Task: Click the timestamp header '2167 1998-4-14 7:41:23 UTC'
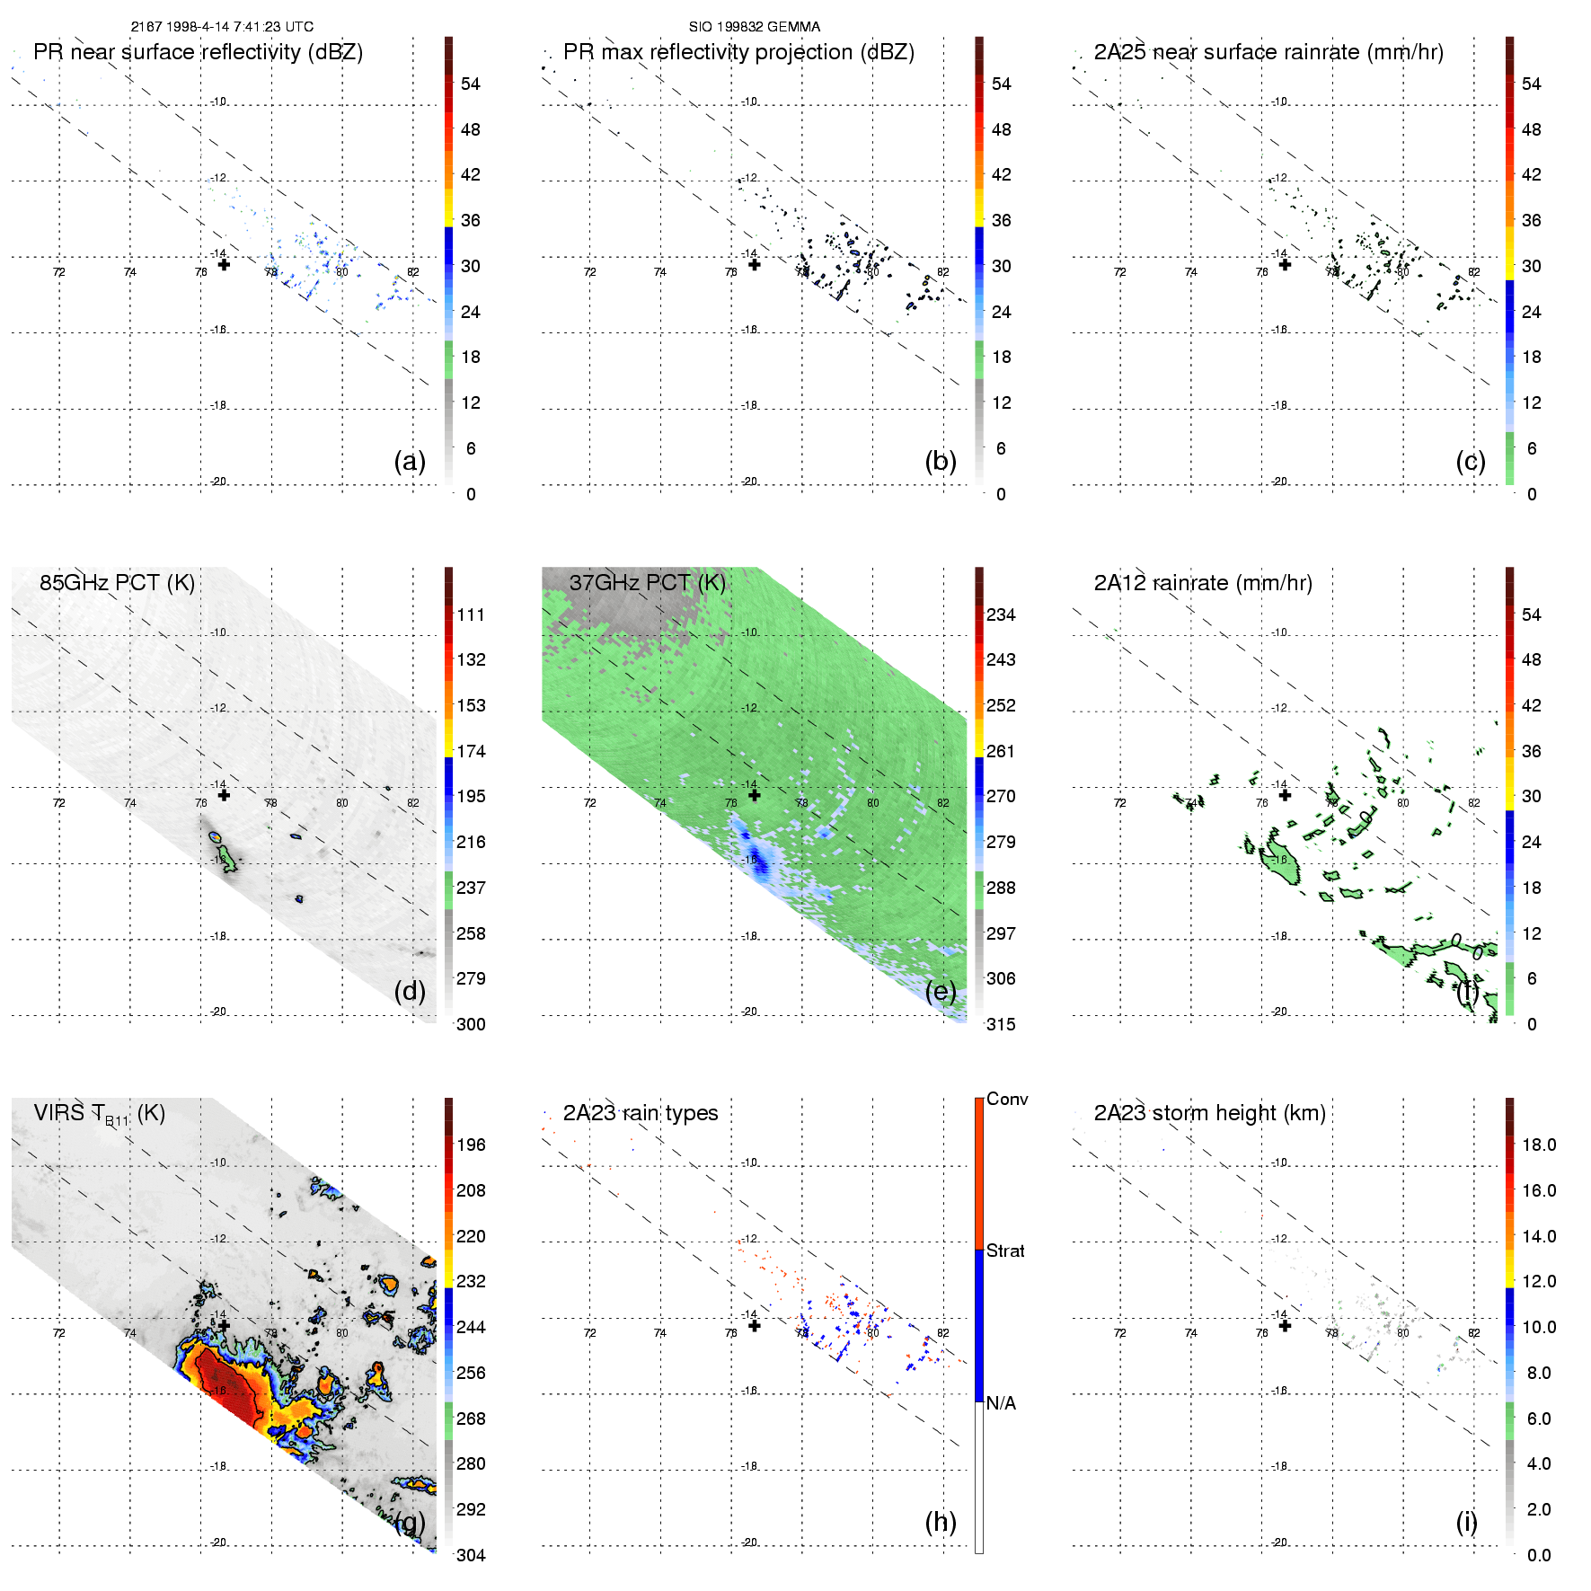(222, 27)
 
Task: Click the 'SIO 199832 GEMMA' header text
(754, 27)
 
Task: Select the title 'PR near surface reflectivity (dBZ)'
(198, 52)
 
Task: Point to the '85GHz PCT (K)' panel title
(117, 583)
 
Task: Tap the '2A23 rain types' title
(641, 1113)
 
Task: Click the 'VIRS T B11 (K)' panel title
(99, 1114)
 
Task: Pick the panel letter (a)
(410, 461)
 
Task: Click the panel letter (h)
(941, 1522)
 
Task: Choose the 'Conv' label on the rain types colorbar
(1007, 1100)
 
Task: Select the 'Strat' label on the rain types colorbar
(1005, 1251)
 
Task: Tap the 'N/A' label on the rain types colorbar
(1001, 1403)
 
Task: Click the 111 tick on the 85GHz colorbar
(471, 615)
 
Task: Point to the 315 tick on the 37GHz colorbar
(1001, 1025)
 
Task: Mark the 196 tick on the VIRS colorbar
(471, 1145)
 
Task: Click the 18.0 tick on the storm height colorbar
(1539, 1145)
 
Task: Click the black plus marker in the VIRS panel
(224, 1325)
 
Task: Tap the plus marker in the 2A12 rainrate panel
(1285, 795)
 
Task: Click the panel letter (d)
(410, 991)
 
